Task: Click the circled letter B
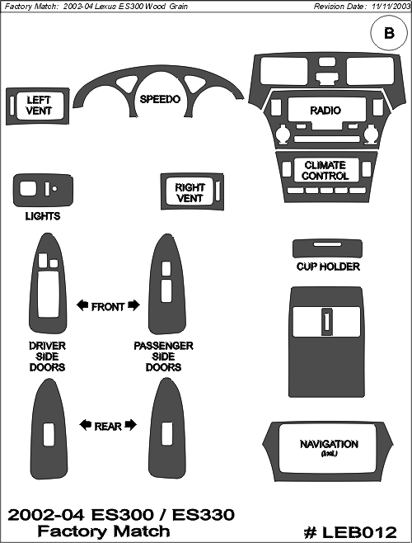coord(389,33)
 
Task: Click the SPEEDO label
coord(160,99)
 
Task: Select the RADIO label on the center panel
coord(325,111)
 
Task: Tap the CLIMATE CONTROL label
coord(325,170)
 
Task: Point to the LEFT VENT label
coord(39,106)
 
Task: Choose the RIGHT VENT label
coord(190,193)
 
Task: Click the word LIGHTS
coord(43,216)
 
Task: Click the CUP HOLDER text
coord(328,267)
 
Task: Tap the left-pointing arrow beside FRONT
coord(82,305)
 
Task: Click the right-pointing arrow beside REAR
coord(131,425)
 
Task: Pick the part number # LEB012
coord(350,532)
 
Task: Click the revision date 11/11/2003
coord(391,7)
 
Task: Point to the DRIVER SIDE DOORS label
coord(47,356)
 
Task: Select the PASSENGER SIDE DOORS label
coord(163,356)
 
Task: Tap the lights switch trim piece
coord(43,191)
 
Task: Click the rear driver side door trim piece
coord(49,460)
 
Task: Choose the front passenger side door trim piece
coord(167,312)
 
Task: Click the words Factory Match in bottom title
coord(104,531)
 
